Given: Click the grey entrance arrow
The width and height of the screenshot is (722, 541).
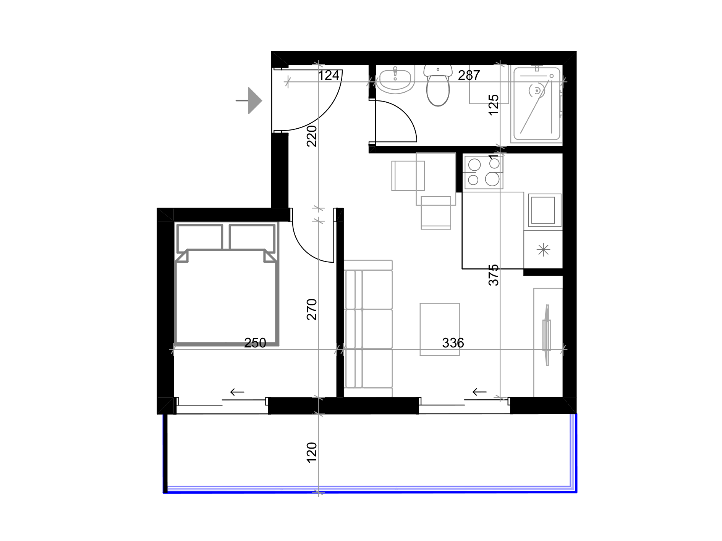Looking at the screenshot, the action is tap(251, 101).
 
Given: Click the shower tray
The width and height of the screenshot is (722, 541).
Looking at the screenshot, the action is tap(536, 104).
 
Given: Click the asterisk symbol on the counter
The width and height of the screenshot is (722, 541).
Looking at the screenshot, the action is tap(543, 250).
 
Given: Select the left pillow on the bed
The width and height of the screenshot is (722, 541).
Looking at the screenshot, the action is tap(199, 237).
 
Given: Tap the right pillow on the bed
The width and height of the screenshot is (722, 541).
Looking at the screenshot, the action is tap(252, 237).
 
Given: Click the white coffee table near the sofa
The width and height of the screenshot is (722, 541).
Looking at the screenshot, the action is tap(439, 329).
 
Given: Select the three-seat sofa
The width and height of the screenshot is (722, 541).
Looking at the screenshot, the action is tap(368, 328).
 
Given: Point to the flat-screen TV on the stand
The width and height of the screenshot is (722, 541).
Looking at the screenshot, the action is tap(547, 335).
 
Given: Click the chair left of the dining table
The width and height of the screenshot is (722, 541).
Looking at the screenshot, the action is tap(408, 176).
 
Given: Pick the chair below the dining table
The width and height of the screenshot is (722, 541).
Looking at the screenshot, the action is tap(435, 213).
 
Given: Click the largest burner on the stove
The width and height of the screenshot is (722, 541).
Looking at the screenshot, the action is tap(492, 179).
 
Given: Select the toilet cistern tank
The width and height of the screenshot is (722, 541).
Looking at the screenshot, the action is tap(438, 70).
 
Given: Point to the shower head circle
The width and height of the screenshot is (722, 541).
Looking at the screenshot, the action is tap(537, 91).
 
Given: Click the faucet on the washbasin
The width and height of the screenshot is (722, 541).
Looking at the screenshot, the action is tap(395, 72).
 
